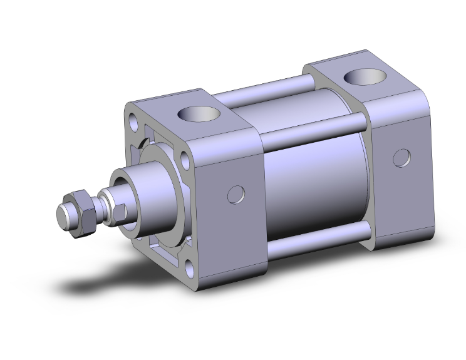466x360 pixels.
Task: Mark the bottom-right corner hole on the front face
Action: point(188,268)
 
